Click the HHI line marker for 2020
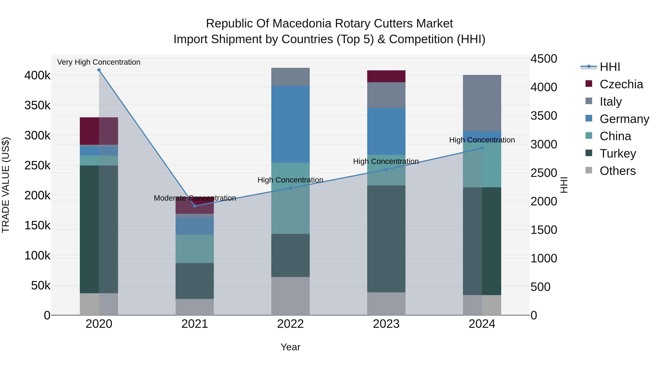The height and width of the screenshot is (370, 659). (x=99, y=70)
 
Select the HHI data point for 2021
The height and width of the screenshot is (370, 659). (x=195, y=206)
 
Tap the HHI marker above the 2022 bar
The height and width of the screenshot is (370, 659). (x=290, y=188)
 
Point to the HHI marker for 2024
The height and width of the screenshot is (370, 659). (x=482, y=148)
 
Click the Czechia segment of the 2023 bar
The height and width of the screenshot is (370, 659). (x=386, y=76)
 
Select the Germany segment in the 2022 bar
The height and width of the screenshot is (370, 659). (x=290, y=124)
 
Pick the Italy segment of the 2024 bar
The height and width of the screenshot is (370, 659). (x=482, y=103)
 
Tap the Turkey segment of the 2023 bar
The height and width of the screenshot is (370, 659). (x=386, y=239)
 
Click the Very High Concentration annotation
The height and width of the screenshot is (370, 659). (x=99, y=62)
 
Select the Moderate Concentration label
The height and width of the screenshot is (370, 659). (x=195, y=198)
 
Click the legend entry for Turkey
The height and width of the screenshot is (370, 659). (x=618, y=153)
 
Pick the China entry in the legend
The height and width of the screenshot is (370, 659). (x=615, y=136)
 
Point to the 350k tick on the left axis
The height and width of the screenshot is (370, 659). (x=37, y=105)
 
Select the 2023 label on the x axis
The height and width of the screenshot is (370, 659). (x=386, y=324)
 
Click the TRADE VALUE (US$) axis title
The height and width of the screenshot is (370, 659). (x=6, y=185)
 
